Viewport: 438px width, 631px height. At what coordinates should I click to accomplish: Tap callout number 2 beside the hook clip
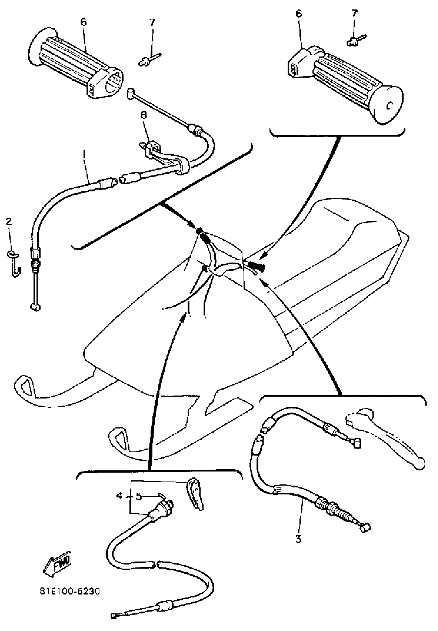pos(9,221)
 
